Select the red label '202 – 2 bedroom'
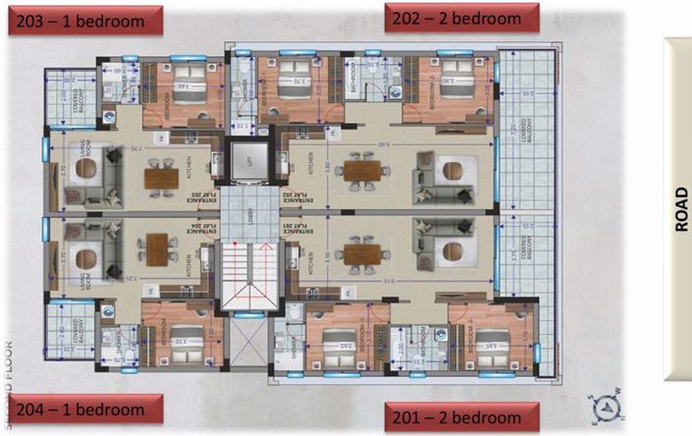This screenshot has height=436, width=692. (461, 18)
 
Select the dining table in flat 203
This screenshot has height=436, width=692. (160, 178)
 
